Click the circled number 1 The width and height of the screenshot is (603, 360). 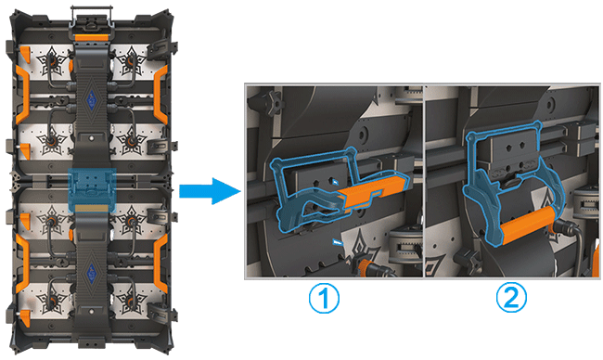[x=324, y=298]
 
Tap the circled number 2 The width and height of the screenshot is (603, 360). [x=511, y=297]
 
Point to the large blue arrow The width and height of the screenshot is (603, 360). [x=209, y=191]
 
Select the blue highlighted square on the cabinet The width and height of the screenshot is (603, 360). [x=92, y=189]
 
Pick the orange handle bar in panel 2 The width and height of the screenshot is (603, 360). [x=528, y=224]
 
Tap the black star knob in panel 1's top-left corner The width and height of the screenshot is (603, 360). [x=268, y=104]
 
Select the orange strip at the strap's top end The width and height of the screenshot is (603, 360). [x=91, y=38]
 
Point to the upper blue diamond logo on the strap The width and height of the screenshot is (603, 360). [x=92, y=97]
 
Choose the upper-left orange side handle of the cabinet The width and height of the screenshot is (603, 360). [x=22, y=95]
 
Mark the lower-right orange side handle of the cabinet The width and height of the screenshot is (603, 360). [x=161, y=264]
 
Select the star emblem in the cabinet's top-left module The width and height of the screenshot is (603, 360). [x=51, y=61]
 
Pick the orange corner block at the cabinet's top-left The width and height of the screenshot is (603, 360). [x=25, y=55]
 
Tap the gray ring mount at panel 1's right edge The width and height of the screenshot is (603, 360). [x=405, y=247]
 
